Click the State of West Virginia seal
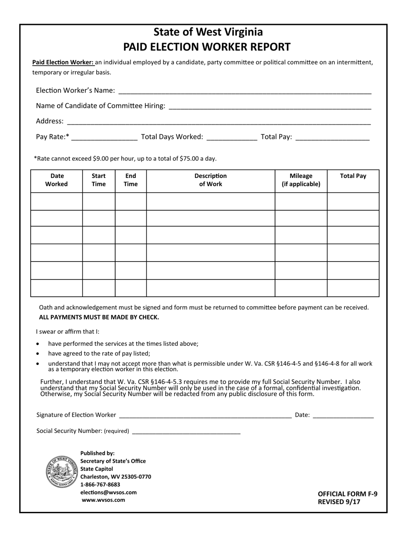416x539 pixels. pyautogui.click(x=62, y=472)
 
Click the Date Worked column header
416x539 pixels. pyautogui.click(x=56, y=180)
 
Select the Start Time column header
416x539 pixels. pyautogui.click(x=99, y=180)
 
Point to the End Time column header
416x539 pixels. pyautogui.click(x=130, y=180)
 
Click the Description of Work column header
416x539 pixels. pyautogui.click(x=211, y=180)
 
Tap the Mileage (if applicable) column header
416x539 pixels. pyautogui.click(x=301, y=180)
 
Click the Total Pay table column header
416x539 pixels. pyautogui.click(x=353, y=176)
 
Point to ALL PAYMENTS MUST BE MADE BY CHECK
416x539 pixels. pyautogui.click(x=99, y=317)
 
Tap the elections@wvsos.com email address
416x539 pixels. pyautogui.click(x=109, y=493)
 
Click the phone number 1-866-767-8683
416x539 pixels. pyautogui.click(x=100, y=485)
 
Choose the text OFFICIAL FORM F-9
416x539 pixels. pyautogui.click(x=347, y=494)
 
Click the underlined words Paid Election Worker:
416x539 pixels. pyautogui.click(x=63, y=62)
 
